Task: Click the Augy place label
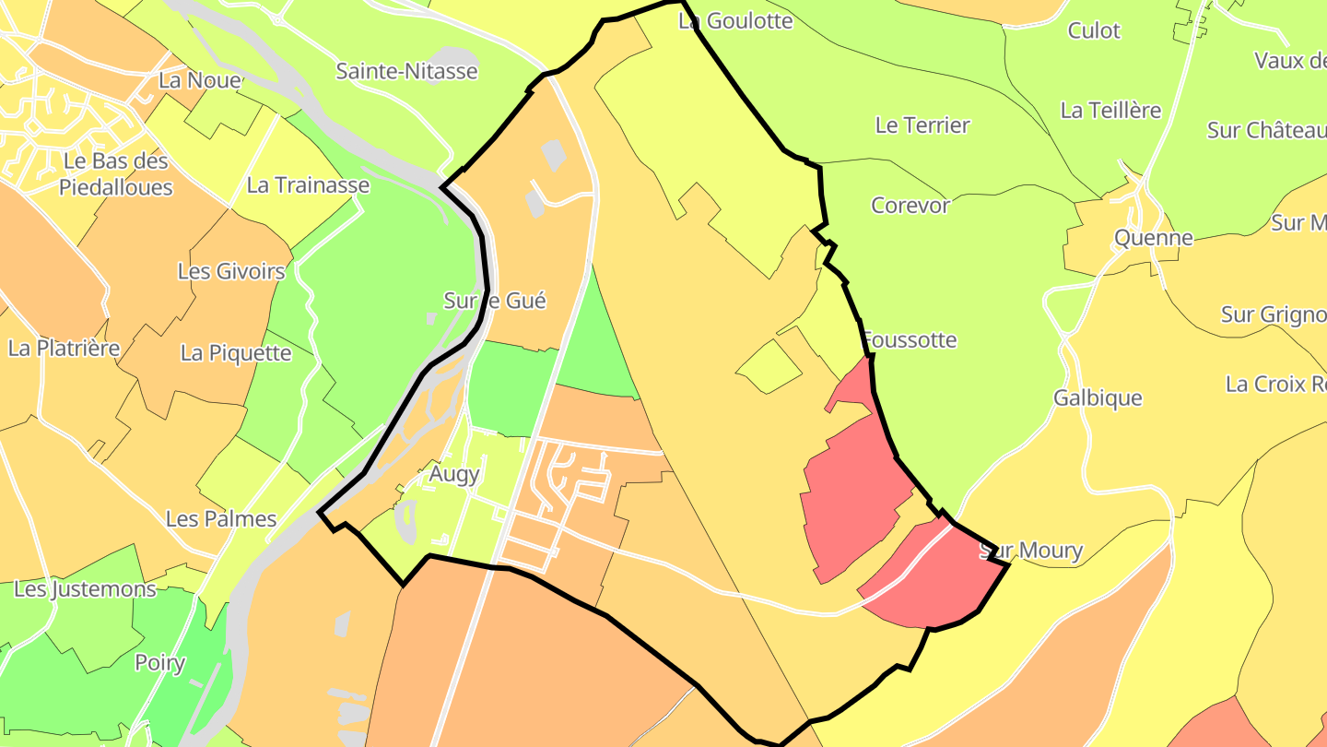point(454,474)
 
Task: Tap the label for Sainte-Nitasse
point(406,71)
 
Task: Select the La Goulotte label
point(735,21)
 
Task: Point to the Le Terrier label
point(922,125)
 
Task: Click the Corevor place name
point(910,206)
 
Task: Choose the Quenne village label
point(1153,238)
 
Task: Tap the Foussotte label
point(910,340)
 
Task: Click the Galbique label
point(1098,398)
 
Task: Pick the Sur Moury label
point(1030,551)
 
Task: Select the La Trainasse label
point(308,185)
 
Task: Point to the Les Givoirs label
point(231,272)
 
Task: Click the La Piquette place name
point(236,353)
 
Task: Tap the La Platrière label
point(65,349)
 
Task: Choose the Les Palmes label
point(221,519)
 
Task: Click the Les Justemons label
point(86,589)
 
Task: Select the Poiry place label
point(160,663)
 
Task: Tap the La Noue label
point(199,80)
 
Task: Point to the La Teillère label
point(1110,111)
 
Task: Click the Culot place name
point(1094,31)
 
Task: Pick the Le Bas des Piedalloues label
point(116,174)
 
